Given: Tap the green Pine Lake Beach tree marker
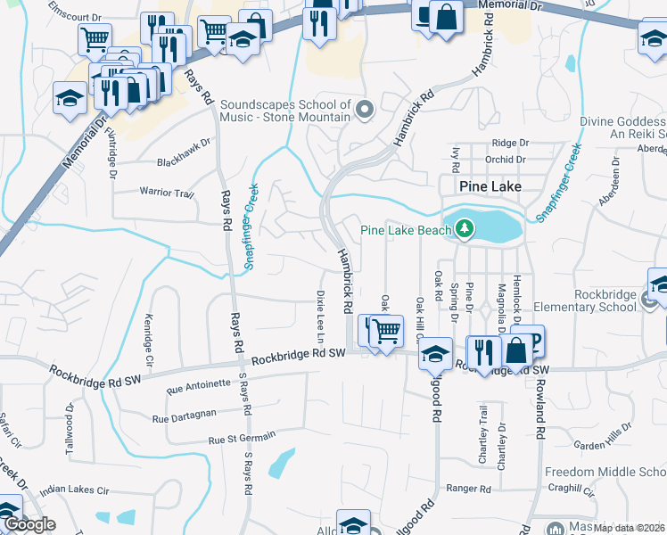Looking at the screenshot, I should coord(464,229).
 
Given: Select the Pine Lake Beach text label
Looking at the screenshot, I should coord(406,230).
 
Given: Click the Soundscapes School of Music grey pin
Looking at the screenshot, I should coord(364,111).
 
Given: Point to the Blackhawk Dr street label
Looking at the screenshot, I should coord(184,141).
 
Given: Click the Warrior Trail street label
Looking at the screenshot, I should coord(166,193).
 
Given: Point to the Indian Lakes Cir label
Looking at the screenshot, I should coord(74,490).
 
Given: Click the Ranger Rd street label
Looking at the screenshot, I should coord(469,489).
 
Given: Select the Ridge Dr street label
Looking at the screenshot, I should coord(510,143).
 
